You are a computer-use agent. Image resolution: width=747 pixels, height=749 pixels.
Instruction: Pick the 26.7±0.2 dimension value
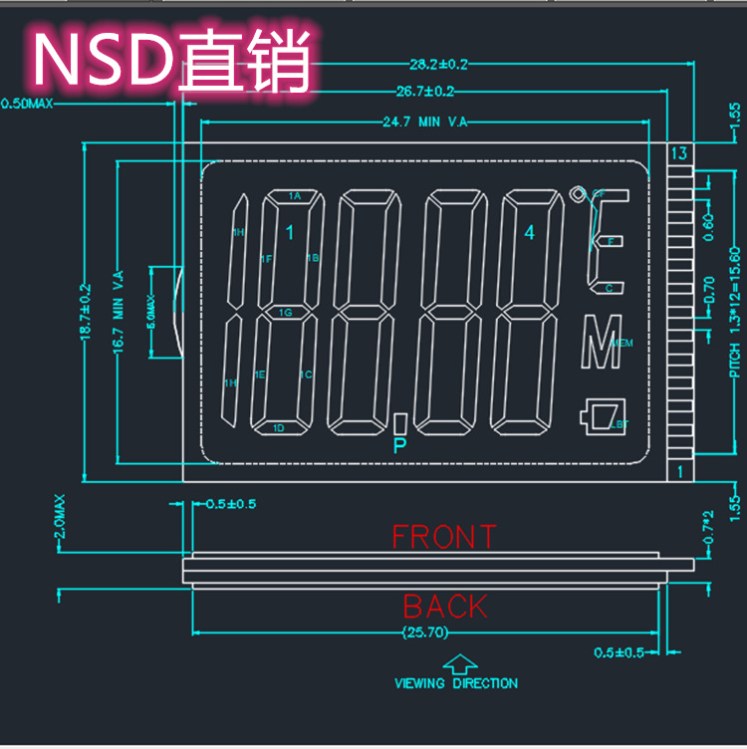(x=425, y=92)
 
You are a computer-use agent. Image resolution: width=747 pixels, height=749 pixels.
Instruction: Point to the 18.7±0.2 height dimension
(x=86, y=312)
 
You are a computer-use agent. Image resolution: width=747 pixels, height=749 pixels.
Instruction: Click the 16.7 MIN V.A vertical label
(x=119, y=312)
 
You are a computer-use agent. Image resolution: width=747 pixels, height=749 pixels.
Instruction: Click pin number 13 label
(x=679, y=154)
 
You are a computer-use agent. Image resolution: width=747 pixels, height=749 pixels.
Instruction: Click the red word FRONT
(x=443, y=537)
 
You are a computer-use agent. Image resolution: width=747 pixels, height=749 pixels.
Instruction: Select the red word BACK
(x=445, y=606)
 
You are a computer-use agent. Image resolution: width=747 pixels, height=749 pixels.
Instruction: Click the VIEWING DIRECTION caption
(x=456, y=683)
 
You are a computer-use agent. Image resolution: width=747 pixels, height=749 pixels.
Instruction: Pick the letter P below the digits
(x=400, y=444)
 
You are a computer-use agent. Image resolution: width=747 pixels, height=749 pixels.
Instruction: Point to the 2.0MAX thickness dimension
(x=61, y=517)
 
